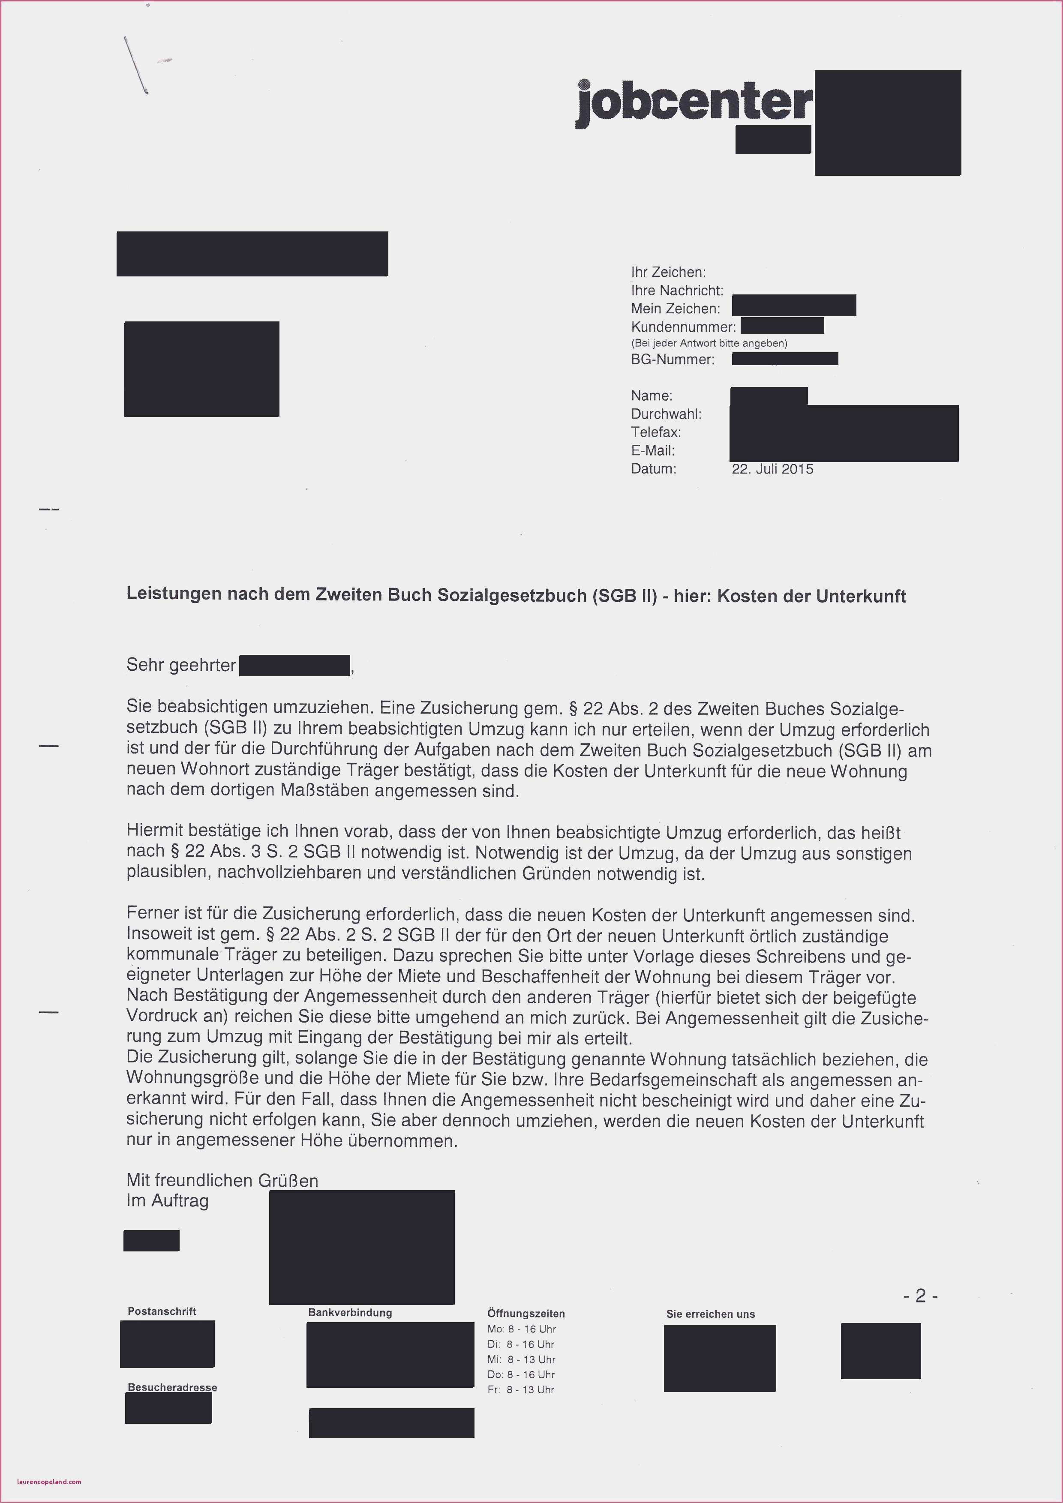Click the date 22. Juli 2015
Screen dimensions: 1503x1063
[772, 469]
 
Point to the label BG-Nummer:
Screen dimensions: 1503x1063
[672, 360]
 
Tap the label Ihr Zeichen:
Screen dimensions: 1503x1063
[668, 272]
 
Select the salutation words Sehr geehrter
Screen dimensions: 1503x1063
[180, 666]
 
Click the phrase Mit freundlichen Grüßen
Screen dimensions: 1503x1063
[222, 1180]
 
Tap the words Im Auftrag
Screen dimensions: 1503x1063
[167, 1200]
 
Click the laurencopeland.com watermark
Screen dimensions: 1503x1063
[49, 1482]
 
